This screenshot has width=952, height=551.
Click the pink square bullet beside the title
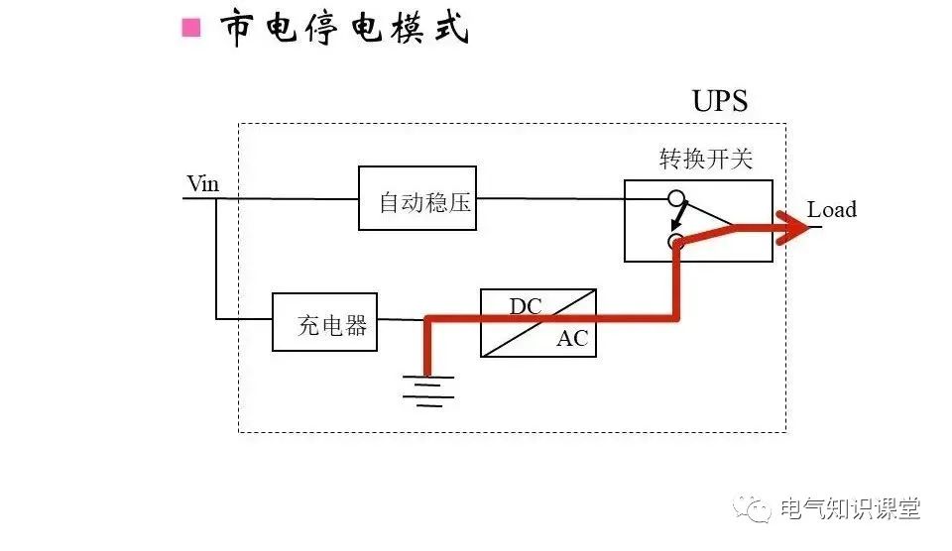click(x=191, y=28)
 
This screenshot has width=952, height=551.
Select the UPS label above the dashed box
click(x=719, y=101)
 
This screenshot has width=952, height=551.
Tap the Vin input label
click(x=202, y=184)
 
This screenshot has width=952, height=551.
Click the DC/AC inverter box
click(x=537, y=323)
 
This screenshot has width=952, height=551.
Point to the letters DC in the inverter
click(x=526, y=306)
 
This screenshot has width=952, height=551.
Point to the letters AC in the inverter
click(x=571, y=339)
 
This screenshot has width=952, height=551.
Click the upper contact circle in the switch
click(x=675, y=197)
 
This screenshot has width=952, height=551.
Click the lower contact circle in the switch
click(x=676, y=241)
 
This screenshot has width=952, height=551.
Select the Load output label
click(x=831, y=210)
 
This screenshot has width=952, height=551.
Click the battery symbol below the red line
click(x=427, y=388)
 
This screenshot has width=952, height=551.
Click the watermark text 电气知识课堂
click(x=850, y=509)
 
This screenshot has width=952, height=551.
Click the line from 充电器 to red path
click(x=401, y=319)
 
